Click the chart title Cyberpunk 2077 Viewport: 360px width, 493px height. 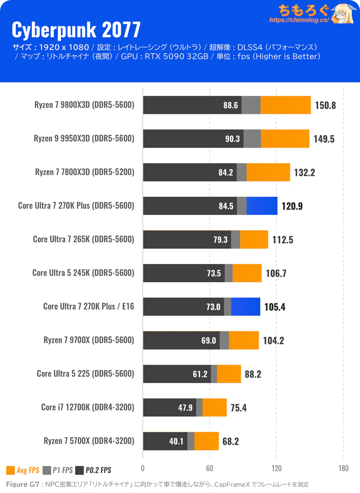(x=76, y=30)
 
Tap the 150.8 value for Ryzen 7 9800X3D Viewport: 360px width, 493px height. (x=325, y=105)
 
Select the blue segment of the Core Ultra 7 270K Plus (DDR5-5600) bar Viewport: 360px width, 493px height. (x=262, y=206)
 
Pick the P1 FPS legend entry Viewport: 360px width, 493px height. (x=58, y=470)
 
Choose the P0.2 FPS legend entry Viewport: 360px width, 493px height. (x=94, y=470)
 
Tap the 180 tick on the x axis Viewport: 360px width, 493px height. (x=343, y=468)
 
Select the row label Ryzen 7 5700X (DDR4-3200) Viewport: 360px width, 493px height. (x=89, y=441)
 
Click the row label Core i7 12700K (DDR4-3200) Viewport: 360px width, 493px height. (x=87, y=407)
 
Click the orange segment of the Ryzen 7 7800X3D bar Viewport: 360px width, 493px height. (x=268, y=172)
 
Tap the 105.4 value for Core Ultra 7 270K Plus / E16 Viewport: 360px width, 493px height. (x=274, y=307)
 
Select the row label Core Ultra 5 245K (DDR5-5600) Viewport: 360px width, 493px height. (x=83, y=273)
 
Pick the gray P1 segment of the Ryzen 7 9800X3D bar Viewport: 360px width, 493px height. (x=251, y=105)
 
